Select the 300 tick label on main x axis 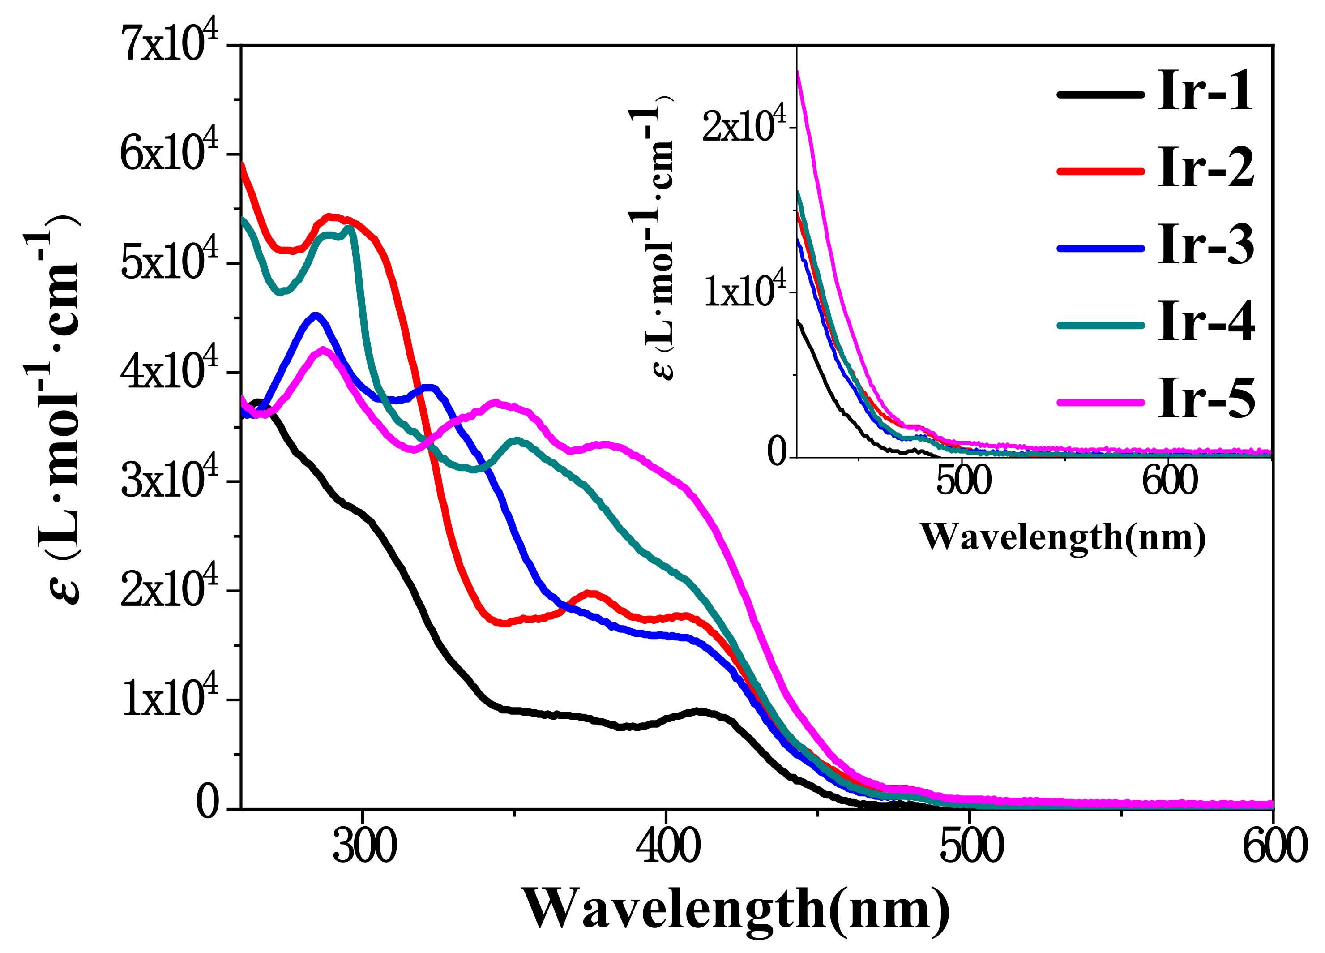364,846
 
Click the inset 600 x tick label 1170,481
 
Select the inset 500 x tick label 963,481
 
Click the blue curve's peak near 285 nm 316,316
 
